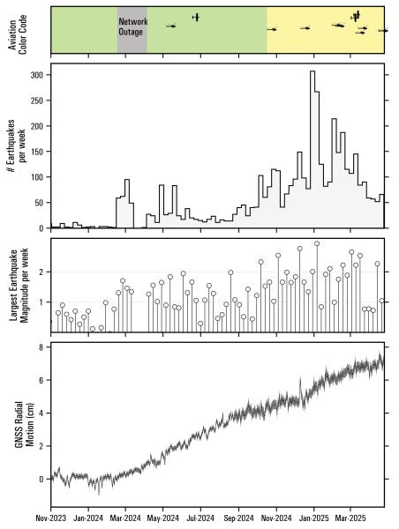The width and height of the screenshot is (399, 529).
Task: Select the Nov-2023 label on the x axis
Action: click(51, 520)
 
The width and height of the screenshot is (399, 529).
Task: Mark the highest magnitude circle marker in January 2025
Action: click(317, 243)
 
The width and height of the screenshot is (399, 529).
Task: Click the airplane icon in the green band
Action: click(196, 17)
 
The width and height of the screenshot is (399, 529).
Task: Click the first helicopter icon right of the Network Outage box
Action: click(171, 26)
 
